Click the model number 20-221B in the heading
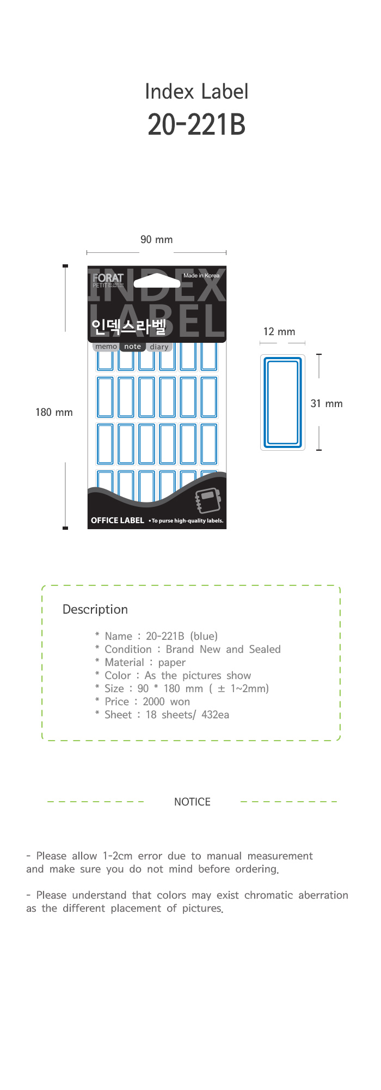196,125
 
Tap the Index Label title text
196,92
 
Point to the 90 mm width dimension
156,240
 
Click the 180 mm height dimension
54,413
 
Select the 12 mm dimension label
279,332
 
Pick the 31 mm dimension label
327,404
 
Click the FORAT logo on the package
108,278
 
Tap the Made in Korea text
201,276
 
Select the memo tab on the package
106,347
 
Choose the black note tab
132,347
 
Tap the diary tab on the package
159,347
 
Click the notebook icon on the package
207,500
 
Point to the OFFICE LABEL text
118,520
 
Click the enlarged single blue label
282,402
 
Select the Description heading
95,609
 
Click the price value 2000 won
166,701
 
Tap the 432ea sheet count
215,714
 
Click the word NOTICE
192,802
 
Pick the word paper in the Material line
172,662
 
